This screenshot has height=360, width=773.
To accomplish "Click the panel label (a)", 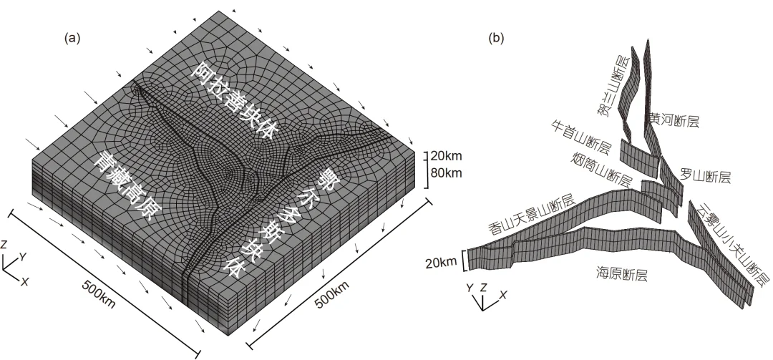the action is pyautogui.click(x=72, y=39).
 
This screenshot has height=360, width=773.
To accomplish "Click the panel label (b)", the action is pyautogui.click(x=496, y=39).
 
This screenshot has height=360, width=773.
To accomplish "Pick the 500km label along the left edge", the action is pyautogui.click(x=99, y=294).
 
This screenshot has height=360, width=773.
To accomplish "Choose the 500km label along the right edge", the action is pyautogui.click(x=332, y=294).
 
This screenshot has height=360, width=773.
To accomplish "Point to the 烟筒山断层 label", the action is pyautogui.click(x=602, y=169).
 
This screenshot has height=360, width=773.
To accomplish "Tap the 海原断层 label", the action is pyautogui.click(x=621, y=273).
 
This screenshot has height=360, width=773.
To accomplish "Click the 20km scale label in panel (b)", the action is pyautogui.click(x=442, y=263).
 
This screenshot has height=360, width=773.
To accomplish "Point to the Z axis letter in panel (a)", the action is pyautogui.click(x=4, y=245).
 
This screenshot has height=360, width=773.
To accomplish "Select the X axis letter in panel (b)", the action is pyautogui.click(x=503, y=294).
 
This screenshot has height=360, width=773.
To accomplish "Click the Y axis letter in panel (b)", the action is pyautogui.click(x=470, y=287).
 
